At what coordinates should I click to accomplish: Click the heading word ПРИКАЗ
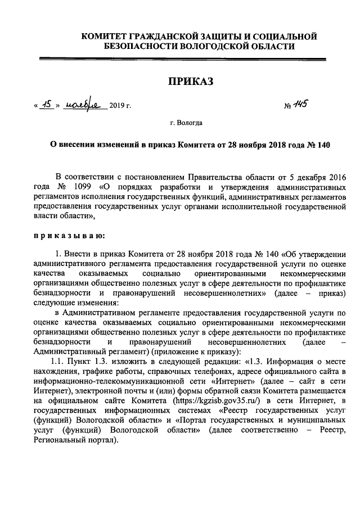coord(191,82)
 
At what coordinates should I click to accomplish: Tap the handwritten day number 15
coord(47,105)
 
